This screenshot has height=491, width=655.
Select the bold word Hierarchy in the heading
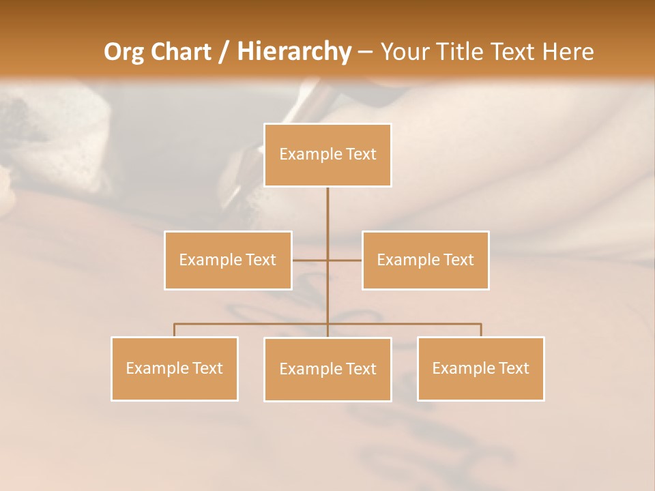click(x=293, y=52)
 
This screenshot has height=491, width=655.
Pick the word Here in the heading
click(x=568, y=52)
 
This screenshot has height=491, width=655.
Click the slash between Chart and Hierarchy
click(x=224, y=52)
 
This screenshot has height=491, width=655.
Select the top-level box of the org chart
click(x=327, y=155)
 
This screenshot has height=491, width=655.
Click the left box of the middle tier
click(x=228, y=260)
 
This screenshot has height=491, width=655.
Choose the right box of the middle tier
click(x=426, y=260)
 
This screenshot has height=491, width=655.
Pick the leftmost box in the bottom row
click(x=175, y=368)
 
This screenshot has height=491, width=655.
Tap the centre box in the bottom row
click(x=327, y=369)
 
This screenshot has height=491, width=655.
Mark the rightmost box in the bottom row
click(x=481, y=368)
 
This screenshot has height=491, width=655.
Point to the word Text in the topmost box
click(x=361, y=155)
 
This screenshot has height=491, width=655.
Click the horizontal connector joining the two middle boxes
click(x=310, y=260)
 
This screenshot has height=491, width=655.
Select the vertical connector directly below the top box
click(x=327, y=211)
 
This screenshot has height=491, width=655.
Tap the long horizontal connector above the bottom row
click(x=252, y=324)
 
